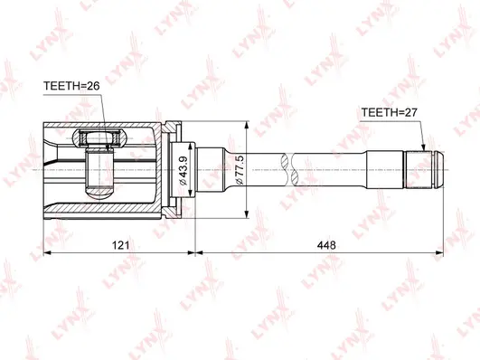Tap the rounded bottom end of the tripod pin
(99, 191)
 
